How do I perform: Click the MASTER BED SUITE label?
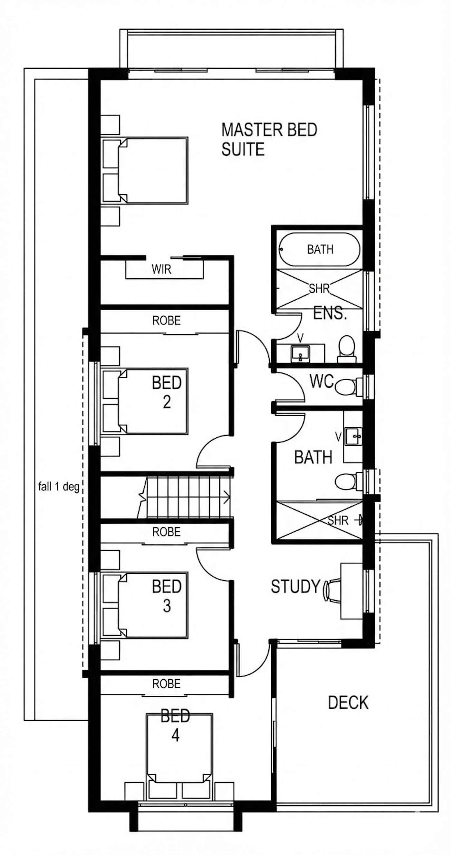point(269,139)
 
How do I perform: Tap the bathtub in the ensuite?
point(319,249)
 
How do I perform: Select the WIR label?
point(161,269)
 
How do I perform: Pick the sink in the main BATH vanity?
point(353,436)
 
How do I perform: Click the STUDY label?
point(295,586)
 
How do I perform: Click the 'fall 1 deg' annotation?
point(59,487)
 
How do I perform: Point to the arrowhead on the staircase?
point(227,497)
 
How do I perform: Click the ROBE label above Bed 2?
point(167,320)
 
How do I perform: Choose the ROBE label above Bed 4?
point(167,684)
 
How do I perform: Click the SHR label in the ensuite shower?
point(319,289)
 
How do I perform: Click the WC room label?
point(322,381)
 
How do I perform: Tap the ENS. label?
point(330,313)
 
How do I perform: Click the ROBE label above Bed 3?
point(167,532)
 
